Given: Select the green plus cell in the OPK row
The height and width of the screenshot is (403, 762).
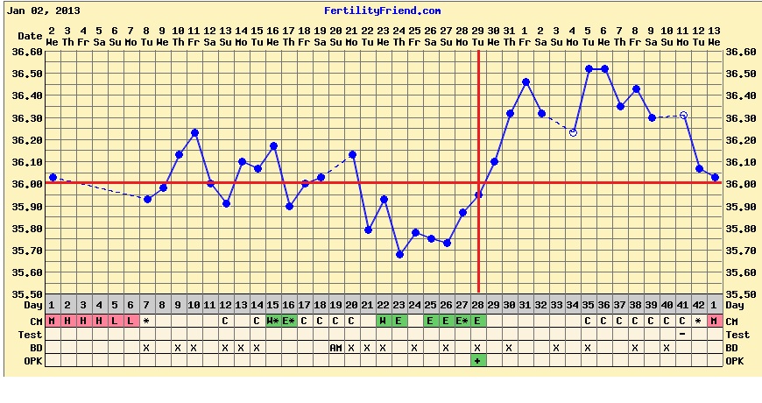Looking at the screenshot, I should click(x=477, y=361).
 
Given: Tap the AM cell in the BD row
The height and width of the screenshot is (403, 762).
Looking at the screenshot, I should click(x=335, y=348).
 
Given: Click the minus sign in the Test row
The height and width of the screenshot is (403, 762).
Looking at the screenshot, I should click(x=682, y=335).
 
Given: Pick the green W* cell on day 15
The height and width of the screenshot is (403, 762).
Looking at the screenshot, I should click(x=273, y=322).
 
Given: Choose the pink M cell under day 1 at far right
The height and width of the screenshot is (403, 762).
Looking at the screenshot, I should click(x=715, y=322).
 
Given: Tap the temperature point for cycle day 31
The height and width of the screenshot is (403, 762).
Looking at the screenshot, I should click(x=526, y=81).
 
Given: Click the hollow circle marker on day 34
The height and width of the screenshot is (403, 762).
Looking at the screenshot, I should click(x=573, y=132).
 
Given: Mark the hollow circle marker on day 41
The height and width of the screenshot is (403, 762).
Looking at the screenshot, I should click(x=683, y=115).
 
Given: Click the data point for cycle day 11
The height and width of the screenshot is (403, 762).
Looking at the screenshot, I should click(x=210, y=183).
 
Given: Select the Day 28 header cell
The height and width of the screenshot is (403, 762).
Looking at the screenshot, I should click(x=477, y=306).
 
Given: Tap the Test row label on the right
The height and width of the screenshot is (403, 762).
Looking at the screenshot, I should click(x=737, y=335).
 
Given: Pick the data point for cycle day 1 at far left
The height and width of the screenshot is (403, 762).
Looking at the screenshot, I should click(x=53, y=177).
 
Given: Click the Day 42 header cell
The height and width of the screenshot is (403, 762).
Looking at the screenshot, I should click(x=698, y=306).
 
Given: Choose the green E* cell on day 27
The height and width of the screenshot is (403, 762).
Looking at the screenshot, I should click(x=462, y=322).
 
